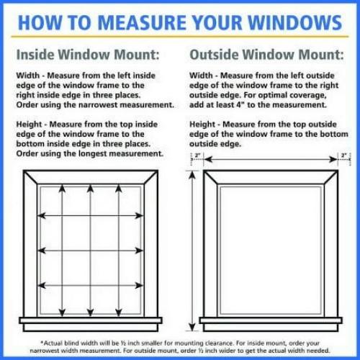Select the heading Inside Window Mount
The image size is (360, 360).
[x=88, y=54]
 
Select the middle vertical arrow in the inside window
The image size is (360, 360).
[x=90, y=248]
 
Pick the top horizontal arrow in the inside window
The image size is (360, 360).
[x=90, y=215]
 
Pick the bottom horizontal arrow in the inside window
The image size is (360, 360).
[x=90, y=285]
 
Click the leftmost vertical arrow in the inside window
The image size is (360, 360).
[x=62, y=248]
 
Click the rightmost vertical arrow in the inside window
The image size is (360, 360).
[x=118, y=248]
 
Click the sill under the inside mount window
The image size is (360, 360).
[x=90, y=321]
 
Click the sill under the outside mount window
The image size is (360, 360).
[x=271, y=321]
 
